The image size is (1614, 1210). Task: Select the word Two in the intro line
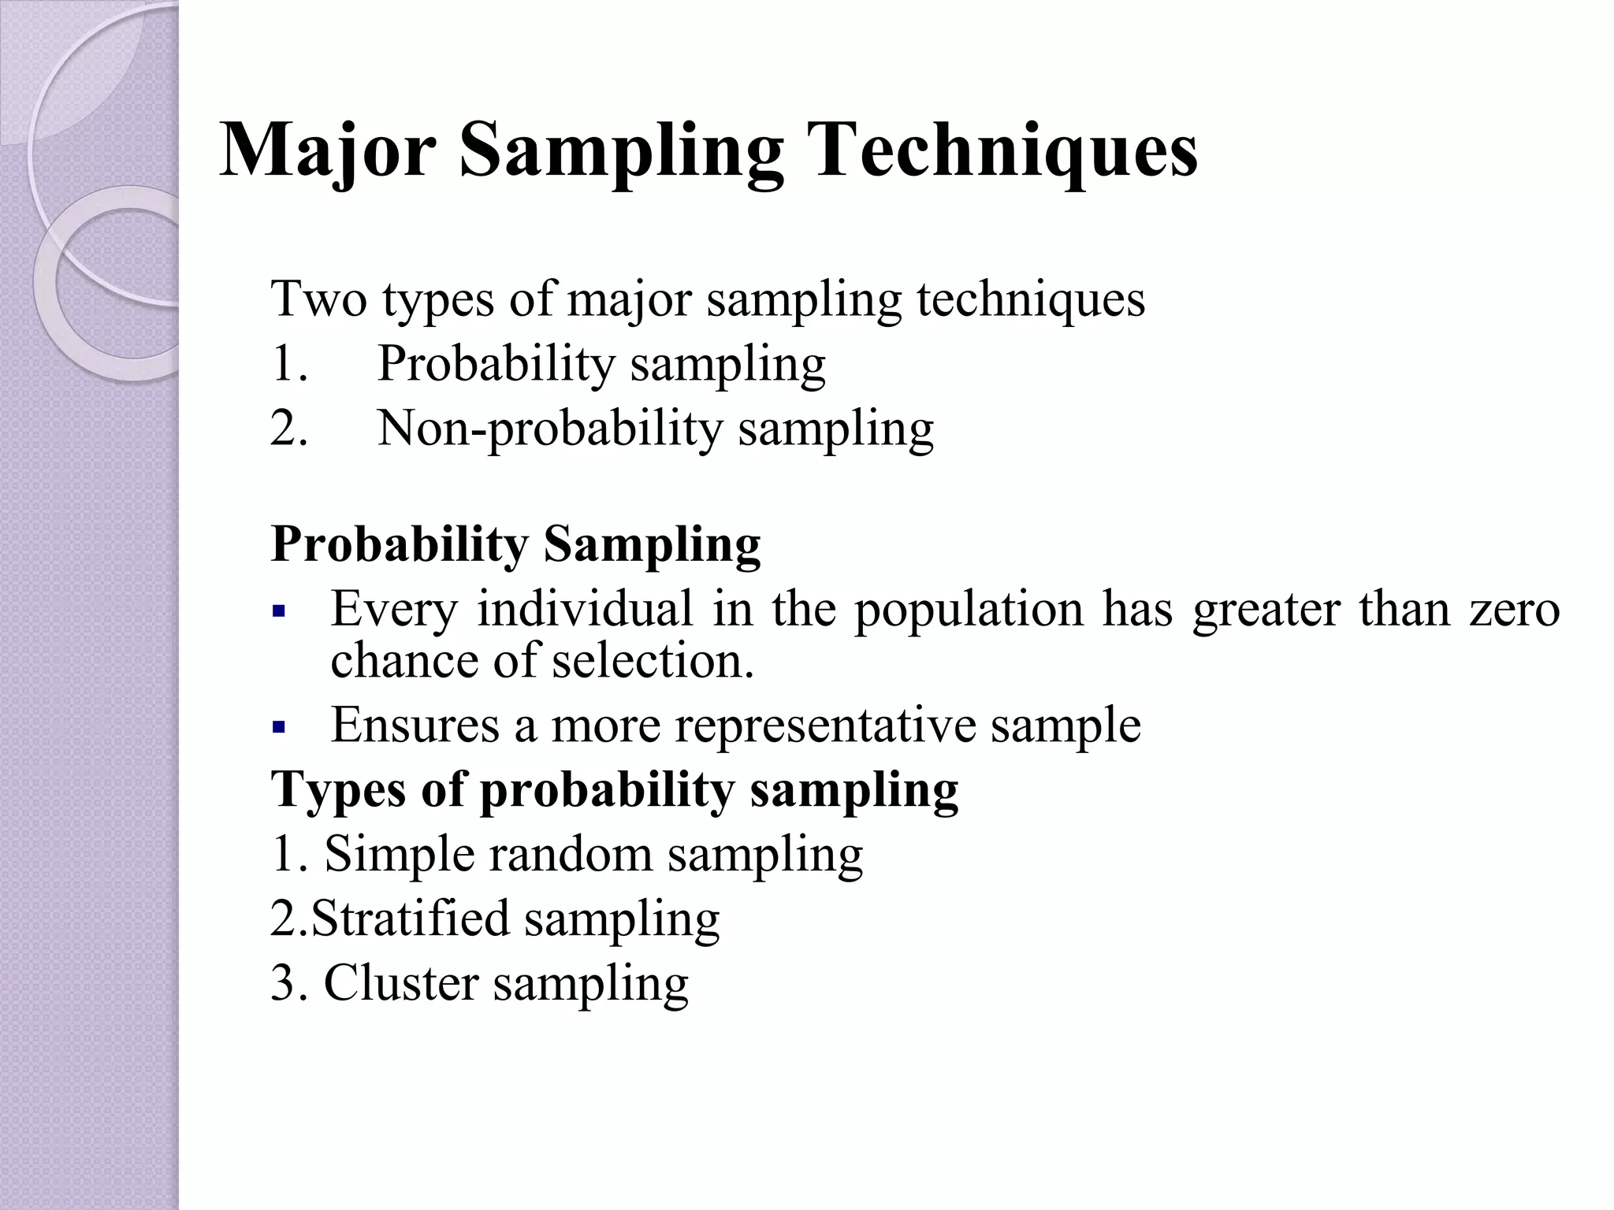[x=318, y=299]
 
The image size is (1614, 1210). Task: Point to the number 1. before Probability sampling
[x=289, y=364]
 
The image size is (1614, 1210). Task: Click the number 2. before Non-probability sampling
[x=289, y=429]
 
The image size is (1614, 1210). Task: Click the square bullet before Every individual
[x=277, y=611]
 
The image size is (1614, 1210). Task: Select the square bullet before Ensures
[x=277, y=726]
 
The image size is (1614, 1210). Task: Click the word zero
[x=1514, y=610]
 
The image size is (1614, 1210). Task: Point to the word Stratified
[x=411, y=919]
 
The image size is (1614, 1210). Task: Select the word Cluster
[x=401, y=983]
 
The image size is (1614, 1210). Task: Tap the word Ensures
[x=415, y=725]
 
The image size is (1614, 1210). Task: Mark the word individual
[x=585, y=610]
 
